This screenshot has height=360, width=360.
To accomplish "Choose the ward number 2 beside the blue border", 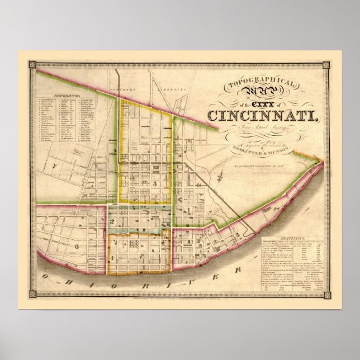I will click(112, 222).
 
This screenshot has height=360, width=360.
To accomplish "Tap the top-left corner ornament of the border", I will click(31, 65).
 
